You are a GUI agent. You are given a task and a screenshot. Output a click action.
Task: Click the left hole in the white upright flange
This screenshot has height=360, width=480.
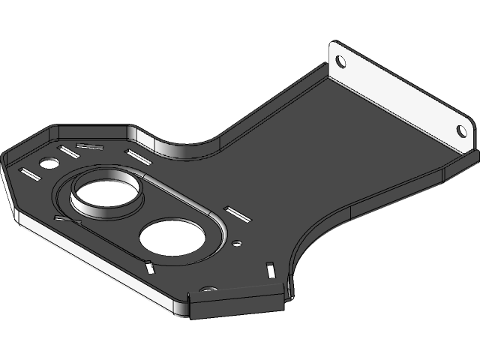coord(339,61)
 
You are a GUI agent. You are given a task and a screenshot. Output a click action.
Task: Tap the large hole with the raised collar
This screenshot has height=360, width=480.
coord(105,192)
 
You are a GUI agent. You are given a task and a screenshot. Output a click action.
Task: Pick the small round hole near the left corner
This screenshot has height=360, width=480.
coord(49,163)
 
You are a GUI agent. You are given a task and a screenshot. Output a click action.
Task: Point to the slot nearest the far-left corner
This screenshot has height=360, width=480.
coord(32,175)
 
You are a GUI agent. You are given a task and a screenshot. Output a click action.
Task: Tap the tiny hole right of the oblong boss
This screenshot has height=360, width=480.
coord(237,243)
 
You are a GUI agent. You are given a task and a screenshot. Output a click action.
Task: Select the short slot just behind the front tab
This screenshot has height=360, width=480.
coord(268,267)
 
